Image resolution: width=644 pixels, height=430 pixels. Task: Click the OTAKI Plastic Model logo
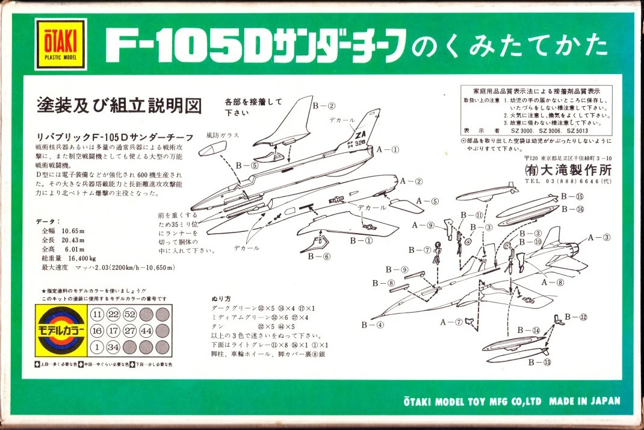tap(60, 44)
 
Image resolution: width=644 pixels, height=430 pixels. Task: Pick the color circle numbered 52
tap(129, 315)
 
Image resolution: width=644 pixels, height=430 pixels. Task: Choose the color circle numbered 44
tap(146, 331)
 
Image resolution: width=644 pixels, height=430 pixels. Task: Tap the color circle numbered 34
tap(113, 347)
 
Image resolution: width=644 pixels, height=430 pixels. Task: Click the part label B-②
tap(324, 106)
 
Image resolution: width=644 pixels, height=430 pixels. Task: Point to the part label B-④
tap(373, 325)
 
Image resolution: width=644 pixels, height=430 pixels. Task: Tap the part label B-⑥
tap(319, 256)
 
